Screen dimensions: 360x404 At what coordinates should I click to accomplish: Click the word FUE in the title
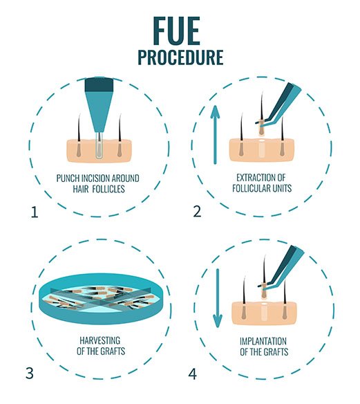(176, 31)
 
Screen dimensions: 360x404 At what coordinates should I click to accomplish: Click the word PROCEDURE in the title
(180, 57)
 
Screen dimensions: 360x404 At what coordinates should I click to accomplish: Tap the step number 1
(35, 212)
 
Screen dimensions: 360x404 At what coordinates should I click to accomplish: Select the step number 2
(197, 211)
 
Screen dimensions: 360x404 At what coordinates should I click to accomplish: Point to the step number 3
(30, 373)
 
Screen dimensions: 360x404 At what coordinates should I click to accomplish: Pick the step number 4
(193, 374)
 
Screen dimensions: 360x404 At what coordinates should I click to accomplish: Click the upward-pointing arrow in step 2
(215, 135)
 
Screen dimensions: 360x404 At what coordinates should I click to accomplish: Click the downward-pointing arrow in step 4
(218, 298)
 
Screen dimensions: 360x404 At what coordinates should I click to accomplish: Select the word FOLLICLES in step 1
(108, 189)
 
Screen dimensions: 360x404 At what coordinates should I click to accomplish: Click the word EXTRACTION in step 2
(253, 178)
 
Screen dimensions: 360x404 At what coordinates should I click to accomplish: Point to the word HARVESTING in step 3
(100, 340)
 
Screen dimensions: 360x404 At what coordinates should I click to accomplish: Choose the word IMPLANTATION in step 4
(263, 341)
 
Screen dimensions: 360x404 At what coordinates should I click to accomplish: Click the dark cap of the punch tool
(99, 85)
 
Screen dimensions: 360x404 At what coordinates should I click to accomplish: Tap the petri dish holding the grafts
(101, 299)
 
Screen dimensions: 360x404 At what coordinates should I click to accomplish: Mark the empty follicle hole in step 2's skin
(261, 149)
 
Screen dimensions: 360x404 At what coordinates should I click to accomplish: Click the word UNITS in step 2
(282, 188)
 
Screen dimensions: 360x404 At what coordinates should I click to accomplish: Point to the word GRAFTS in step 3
(113, 351)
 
